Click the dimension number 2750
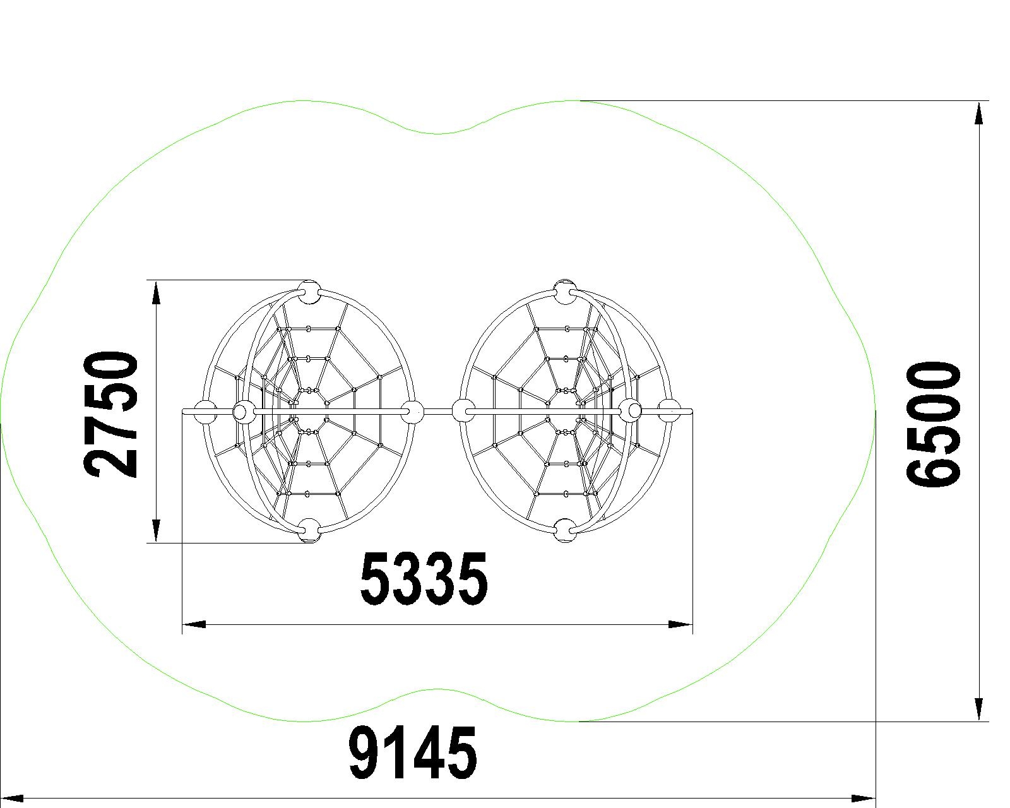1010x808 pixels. (110, 415)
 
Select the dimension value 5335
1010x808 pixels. (424, 578)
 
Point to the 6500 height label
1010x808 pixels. (932, 424)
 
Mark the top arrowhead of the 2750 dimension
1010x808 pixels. (157, 294)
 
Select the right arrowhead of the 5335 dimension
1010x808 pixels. (680, 624)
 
